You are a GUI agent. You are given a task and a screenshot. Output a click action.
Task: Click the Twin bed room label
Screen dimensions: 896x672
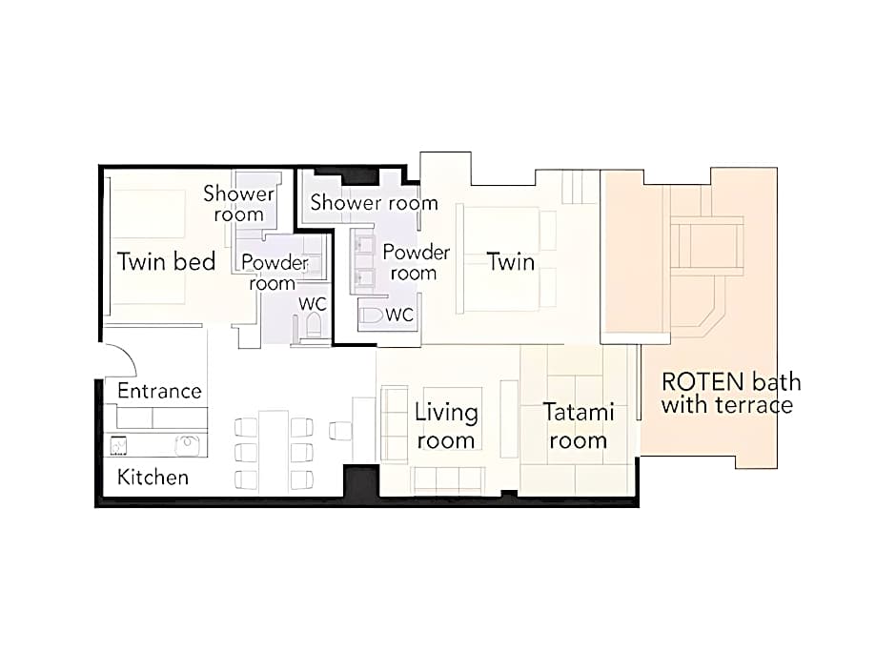point(166,261)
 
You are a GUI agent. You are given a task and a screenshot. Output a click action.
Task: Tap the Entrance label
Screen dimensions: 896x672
point(159,391)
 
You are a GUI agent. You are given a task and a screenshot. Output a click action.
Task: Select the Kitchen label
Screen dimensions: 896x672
point(153,478)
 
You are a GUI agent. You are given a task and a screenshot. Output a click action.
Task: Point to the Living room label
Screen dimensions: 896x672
point(446,426)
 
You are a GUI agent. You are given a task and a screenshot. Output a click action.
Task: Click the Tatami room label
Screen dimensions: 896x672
point(579,426)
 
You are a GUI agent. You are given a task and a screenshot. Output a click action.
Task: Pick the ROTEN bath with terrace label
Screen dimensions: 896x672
point(731,393)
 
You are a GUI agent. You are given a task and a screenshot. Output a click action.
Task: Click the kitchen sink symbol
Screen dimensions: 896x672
point(187,445)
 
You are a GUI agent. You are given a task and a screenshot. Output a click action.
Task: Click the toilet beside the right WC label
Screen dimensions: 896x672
point(372,315)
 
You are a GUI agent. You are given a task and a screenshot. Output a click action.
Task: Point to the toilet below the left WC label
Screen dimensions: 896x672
point(314,325)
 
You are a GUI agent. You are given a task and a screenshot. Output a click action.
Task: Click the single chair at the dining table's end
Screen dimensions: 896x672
point(339,430)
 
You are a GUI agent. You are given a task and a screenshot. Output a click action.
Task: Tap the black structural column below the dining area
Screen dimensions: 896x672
point(361,484)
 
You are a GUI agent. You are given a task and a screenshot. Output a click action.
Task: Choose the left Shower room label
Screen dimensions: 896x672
point(239,203)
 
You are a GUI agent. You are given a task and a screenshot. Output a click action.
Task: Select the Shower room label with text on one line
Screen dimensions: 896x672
point(375,202)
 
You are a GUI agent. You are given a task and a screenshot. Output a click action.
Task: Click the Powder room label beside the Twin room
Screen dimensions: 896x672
point(416,262)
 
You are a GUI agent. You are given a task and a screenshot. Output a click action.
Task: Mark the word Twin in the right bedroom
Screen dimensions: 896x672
point(511,262)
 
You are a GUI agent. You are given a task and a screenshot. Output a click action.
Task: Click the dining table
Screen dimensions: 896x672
point(274,452)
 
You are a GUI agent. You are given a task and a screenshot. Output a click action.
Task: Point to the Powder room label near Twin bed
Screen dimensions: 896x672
point(275,273)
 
